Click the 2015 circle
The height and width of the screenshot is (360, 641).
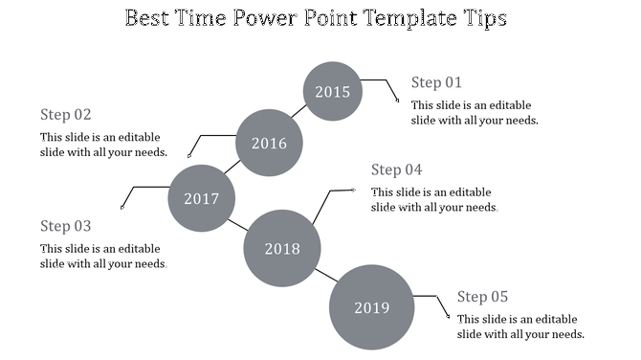coord(333,92)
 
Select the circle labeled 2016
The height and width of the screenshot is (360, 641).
coord(269,144)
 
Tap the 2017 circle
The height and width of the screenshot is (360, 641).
coord(202,199)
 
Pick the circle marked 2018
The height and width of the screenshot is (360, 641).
coord(281,249)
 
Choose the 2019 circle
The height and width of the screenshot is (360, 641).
coord(372,307)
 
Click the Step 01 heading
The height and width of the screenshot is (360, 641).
coord(436,82)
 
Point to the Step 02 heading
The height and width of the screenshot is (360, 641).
coord(66,115)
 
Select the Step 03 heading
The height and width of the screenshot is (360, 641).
coord(66,226)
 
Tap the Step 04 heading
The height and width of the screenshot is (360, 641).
coord(396,170)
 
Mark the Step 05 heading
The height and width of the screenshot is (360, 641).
coord(482,297)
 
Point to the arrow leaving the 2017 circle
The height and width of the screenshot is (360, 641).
coord(140,191)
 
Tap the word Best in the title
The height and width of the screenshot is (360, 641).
coord(148,18)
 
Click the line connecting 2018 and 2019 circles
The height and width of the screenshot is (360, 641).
coord(325,277)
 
